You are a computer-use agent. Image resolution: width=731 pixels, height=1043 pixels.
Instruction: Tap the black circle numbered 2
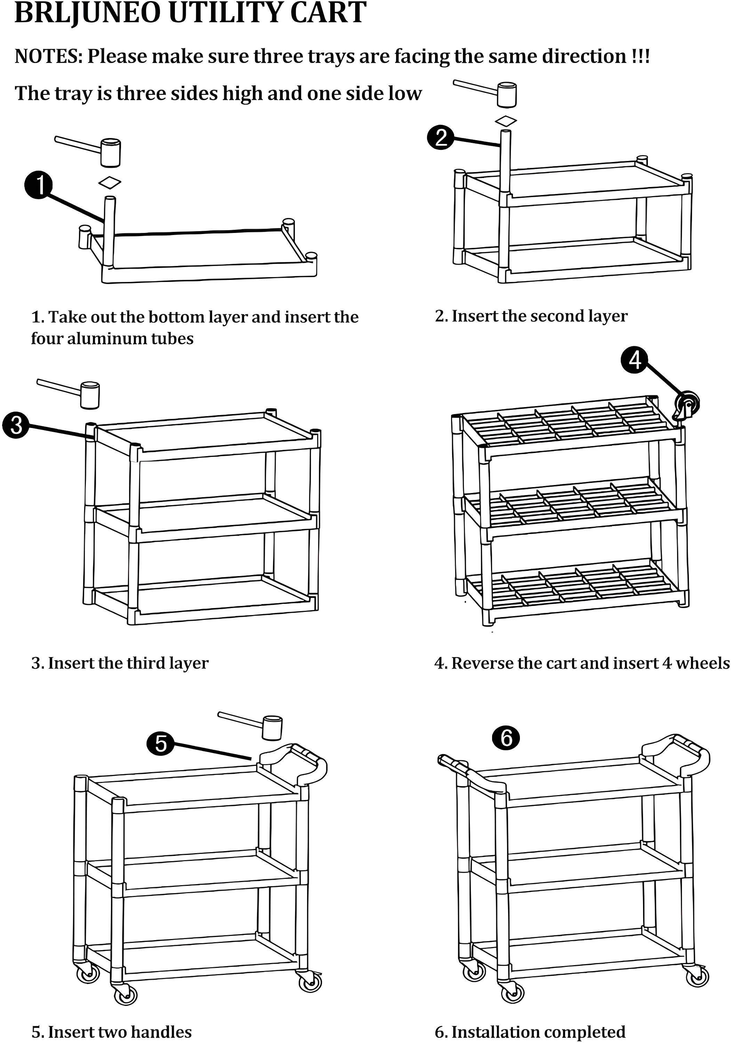pyautogui.click(x=440, y=137)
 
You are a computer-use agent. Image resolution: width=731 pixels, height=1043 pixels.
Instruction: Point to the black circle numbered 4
pyautogui.click(x=635, y=360)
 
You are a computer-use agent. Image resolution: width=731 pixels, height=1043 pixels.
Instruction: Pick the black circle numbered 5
pyautogui.click(x=160, y=744)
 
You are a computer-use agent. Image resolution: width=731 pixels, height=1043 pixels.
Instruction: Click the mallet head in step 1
pyautogui.click(x=110, y=153)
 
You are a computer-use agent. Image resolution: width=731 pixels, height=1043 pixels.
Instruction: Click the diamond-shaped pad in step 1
pyautogui.click(x=110, y=183)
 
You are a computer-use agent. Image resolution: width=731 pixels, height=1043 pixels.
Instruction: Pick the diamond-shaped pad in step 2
pyautogui.click(x=506, y=121)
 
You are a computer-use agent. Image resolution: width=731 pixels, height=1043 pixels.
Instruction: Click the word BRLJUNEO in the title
pyautogui.click(x=87, y=13)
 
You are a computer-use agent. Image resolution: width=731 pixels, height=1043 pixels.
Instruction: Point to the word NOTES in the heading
pyautogui.click(x=48, y=57)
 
